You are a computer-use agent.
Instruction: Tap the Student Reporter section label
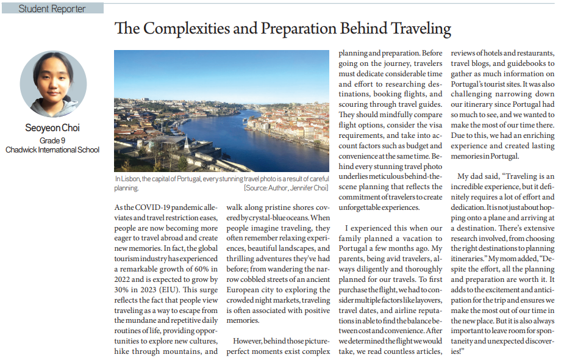pos(52,9)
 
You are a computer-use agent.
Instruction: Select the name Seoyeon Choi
pos(52,128)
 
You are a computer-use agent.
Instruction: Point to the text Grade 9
pos(52,140)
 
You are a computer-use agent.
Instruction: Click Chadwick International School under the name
pos(52,150)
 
